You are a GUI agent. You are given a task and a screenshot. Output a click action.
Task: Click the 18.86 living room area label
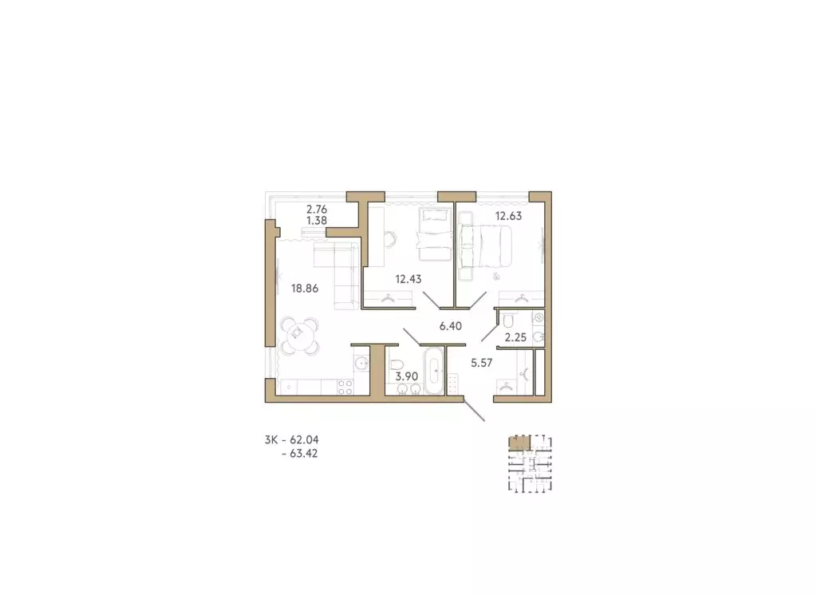coord(306,289)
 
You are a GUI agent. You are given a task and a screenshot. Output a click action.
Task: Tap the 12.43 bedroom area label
coord(408,278)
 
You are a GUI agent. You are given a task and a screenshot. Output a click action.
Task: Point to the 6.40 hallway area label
coord(452,325)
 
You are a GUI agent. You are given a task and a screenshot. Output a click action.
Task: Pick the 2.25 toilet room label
coord(515,336)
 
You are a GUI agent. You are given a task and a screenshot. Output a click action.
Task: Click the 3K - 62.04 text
coord(295,439)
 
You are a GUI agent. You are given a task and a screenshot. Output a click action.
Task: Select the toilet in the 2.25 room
coord(508,321)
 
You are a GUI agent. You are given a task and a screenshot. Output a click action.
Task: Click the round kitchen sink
coord(361,364)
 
